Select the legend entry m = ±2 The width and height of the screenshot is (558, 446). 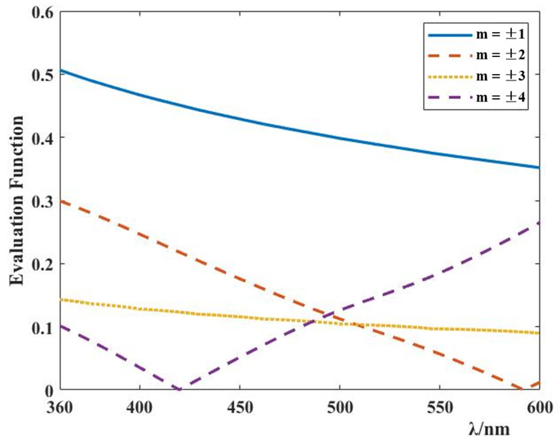tap(477, 55)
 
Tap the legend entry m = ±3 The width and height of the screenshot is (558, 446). tap(477, 76)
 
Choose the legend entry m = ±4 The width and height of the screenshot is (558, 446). tap(477, 97)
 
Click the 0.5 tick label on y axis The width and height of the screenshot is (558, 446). tap(42, 75)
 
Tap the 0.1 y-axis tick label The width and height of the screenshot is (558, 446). tap(42, 328)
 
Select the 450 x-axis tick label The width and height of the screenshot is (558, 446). tap(240, 408)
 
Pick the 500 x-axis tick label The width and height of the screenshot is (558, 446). tap(340, 408)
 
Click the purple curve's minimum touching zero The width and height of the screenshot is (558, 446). tap(180, 389)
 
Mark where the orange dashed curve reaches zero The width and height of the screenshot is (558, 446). tap(522, 389)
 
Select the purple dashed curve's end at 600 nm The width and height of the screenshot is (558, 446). tap(539, 223)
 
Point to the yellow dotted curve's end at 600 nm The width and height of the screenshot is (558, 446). tap(539, 333)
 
